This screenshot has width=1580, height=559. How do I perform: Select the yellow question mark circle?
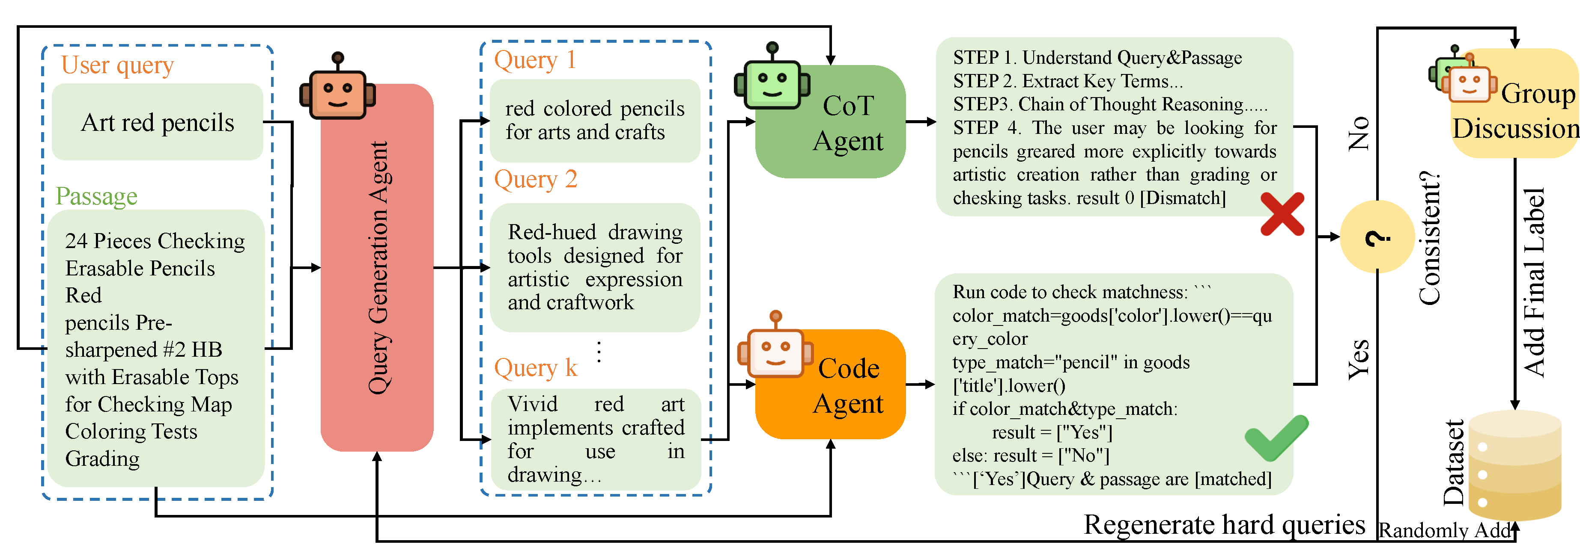point(1377,237)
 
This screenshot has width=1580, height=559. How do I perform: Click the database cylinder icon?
point(1514,466)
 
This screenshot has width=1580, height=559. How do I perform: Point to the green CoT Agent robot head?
point(772,83)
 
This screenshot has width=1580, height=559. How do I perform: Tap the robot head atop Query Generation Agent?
point(337,92)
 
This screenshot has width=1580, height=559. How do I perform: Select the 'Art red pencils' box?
point(158,122)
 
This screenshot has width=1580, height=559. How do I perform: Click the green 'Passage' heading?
point(96,196)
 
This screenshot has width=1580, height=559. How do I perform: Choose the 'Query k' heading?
point(536,368)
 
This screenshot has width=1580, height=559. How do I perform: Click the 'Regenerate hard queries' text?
point(1224,525)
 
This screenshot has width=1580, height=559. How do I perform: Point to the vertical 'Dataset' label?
point(1454,463)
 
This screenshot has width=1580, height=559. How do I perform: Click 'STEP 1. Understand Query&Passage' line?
point(1097,58)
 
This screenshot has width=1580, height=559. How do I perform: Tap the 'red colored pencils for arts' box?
point(594,120)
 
